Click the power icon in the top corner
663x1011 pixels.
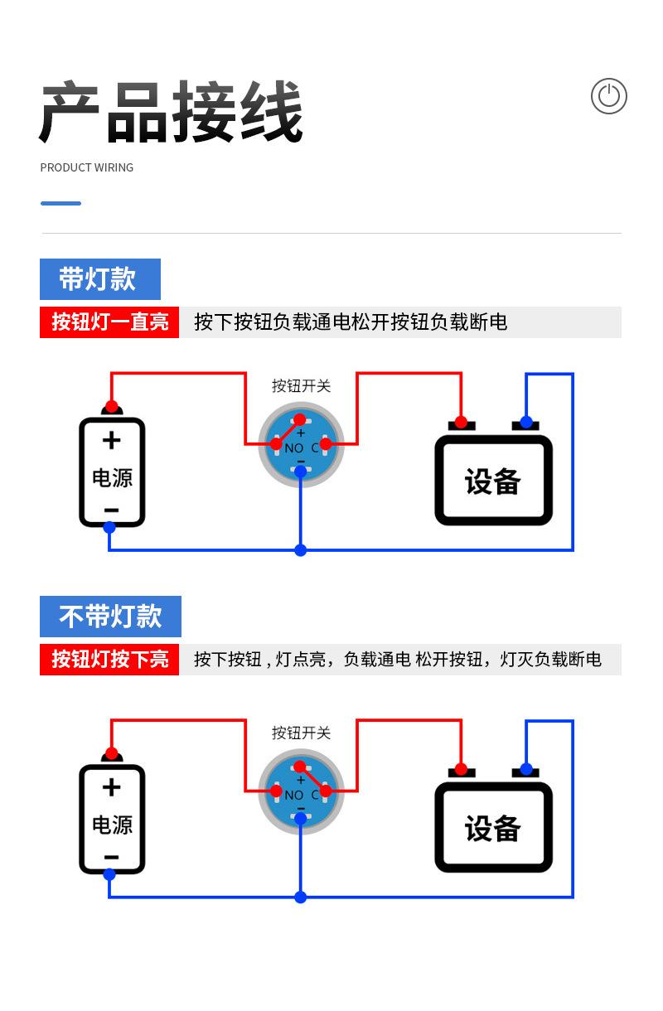[609, 96]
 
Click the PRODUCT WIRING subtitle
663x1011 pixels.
[87, 167]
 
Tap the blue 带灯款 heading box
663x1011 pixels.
[100, 279]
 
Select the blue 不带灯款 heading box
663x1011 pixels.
[110, 617]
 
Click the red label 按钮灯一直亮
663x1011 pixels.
[109, 322]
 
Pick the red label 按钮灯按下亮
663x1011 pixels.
[109, 660]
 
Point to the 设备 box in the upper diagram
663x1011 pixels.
[493, 481]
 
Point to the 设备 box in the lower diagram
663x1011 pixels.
[493, 827]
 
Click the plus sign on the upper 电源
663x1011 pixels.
[112, 441]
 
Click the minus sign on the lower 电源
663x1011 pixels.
[112, 857]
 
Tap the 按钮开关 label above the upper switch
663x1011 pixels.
[301, 386]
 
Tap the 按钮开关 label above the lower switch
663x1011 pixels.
[301, 733]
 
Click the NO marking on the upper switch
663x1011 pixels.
[294, 448]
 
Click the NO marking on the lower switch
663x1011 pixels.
[294, 796]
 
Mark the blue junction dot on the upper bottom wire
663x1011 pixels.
[301, 550]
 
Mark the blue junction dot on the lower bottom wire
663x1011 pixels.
[301, 897]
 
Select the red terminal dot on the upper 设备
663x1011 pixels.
[461, 423]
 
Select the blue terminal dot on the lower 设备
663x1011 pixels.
[526, 769]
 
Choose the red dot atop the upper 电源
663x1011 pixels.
[112, 406]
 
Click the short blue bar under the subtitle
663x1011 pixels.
[61, 204]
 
